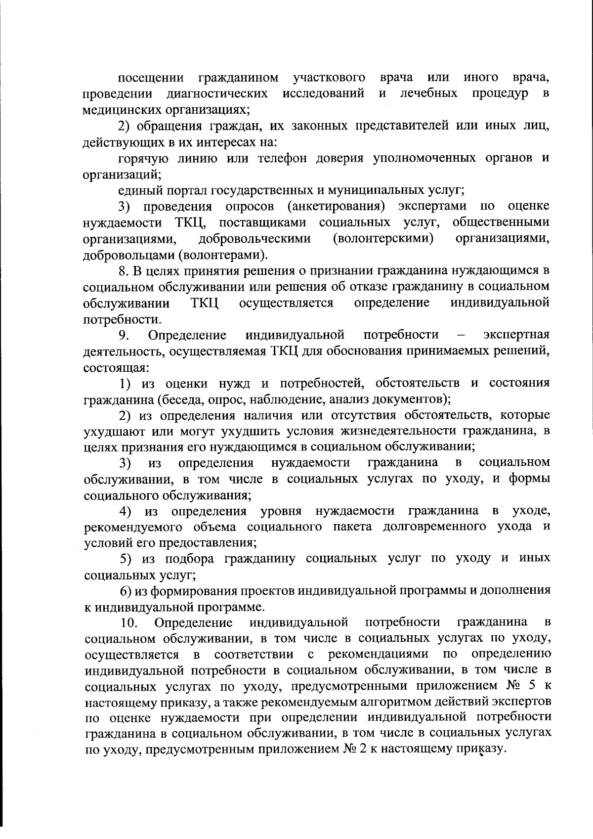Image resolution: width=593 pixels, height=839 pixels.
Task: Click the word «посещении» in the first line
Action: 152,78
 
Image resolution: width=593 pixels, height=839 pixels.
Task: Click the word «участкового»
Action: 329,78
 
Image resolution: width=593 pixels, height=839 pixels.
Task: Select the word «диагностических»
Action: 217,94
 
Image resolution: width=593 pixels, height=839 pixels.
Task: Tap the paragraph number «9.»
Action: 124,335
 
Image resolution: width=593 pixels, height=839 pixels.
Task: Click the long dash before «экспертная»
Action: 461,335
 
